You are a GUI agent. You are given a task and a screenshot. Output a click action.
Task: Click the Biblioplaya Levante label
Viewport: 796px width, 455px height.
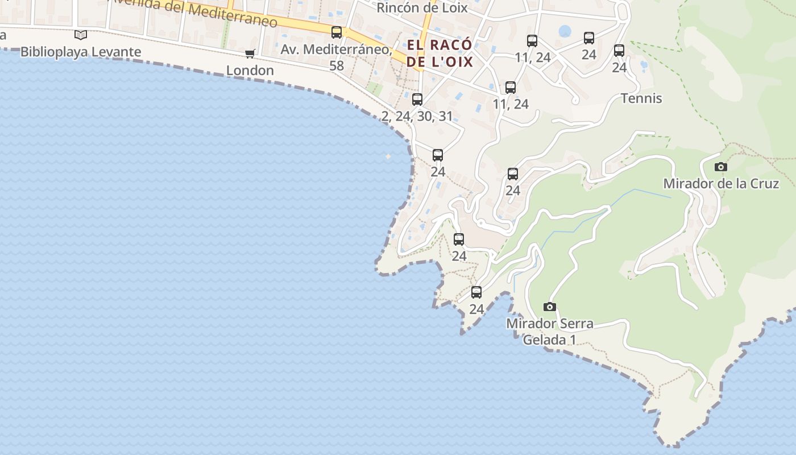tap(81, 52)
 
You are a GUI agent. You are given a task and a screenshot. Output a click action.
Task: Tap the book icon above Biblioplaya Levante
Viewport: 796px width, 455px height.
tap(81, 35)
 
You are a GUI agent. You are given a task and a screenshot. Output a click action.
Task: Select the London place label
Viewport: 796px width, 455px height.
tap(250, 71)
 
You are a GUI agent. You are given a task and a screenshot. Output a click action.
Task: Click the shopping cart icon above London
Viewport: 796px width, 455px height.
tap(250, 54)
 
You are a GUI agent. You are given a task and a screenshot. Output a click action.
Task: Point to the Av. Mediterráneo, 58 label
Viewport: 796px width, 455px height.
tap(336, 57)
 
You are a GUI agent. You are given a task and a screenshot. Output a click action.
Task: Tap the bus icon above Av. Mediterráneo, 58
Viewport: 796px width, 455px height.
tap(337, 32)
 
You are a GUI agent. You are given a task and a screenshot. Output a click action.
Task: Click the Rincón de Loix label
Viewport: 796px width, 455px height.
tap(422, 8)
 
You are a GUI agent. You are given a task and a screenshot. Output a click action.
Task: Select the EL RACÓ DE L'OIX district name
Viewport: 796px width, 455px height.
tap(440, 53)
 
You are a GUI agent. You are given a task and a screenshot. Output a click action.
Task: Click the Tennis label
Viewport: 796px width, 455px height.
tap(641, 98)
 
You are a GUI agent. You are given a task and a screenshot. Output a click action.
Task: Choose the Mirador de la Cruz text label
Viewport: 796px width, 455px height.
tap(721, 184)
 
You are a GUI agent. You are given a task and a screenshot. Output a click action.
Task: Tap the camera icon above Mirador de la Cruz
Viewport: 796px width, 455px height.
tap(721, 167)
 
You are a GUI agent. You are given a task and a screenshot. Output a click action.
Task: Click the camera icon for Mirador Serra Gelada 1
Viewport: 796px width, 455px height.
tap(549, 307)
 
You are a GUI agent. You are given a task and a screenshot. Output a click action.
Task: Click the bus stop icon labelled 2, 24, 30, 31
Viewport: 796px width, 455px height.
tap(417, 100)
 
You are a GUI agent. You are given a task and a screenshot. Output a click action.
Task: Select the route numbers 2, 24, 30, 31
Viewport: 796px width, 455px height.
tap(417, 117)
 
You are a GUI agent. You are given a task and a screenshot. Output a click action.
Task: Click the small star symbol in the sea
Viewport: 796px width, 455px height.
tap(388, 156)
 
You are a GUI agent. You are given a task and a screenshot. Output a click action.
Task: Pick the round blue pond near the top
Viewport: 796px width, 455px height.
tap(565, 31)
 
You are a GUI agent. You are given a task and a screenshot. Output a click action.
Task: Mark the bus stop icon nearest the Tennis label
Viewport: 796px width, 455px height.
tap(619, 51)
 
